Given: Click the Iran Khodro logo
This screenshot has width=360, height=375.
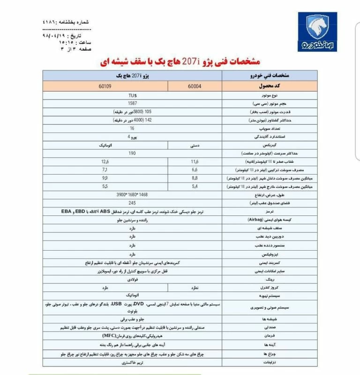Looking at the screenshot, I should [317, 32].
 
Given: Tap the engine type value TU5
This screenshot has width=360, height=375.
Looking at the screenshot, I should [132, 95].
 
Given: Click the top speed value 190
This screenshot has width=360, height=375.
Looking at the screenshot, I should [132, 153].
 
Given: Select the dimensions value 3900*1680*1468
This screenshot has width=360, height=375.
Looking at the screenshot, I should [132, 194].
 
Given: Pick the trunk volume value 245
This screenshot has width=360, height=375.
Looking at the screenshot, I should [132, 203].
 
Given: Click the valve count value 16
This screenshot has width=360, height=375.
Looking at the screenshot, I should [132, 128].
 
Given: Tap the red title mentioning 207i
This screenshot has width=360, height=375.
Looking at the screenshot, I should [180, 61].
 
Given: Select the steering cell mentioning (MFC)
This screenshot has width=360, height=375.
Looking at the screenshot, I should [132, 336].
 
